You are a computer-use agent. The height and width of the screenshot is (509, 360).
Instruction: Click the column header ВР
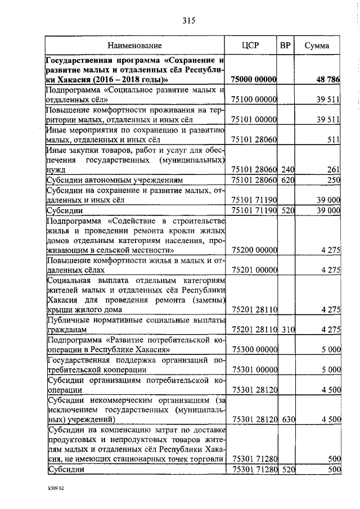pos(285,46)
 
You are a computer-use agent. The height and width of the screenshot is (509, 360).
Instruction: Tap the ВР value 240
pos(288,169)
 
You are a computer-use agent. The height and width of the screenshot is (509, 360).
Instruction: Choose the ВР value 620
pos(288,180)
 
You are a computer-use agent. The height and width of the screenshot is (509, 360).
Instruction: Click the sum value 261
pos(334,169)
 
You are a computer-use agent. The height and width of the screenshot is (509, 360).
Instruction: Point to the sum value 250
pos(334,180)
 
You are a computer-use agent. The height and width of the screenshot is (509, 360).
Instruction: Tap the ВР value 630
pos(288,420)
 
